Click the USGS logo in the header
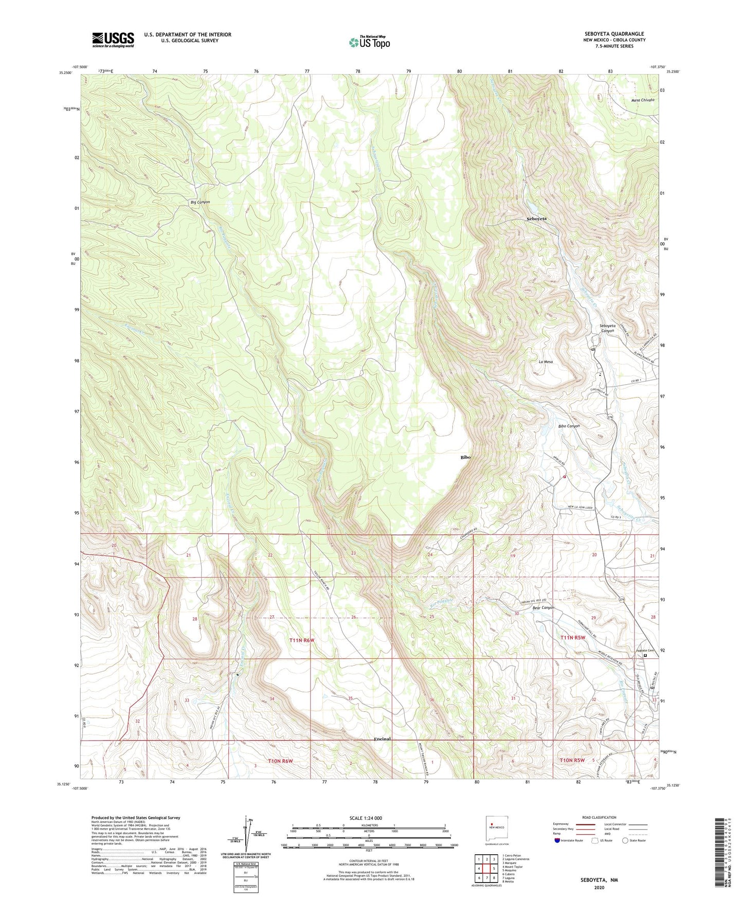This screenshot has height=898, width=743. coord(113,40)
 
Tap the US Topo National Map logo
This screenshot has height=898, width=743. coord(369,42)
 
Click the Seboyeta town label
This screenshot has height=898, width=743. coord(536,219)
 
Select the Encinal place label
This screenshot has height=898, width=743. coord(382,739)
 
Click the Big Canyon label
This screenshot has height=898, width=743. coord(200,202)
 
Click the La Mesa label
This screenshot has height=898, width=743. coord(546,362)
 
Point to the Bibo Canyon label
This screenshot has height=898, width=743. coord(569,426)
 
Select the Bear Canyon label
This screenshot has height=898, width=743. coord(543,607)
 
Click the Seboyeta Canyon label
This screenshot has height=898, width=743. coord(607,328)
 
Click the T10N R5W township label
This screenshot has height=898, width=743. coord(572,760)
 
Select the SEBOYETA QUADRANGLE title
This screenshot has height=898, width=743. coord(614,34)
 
